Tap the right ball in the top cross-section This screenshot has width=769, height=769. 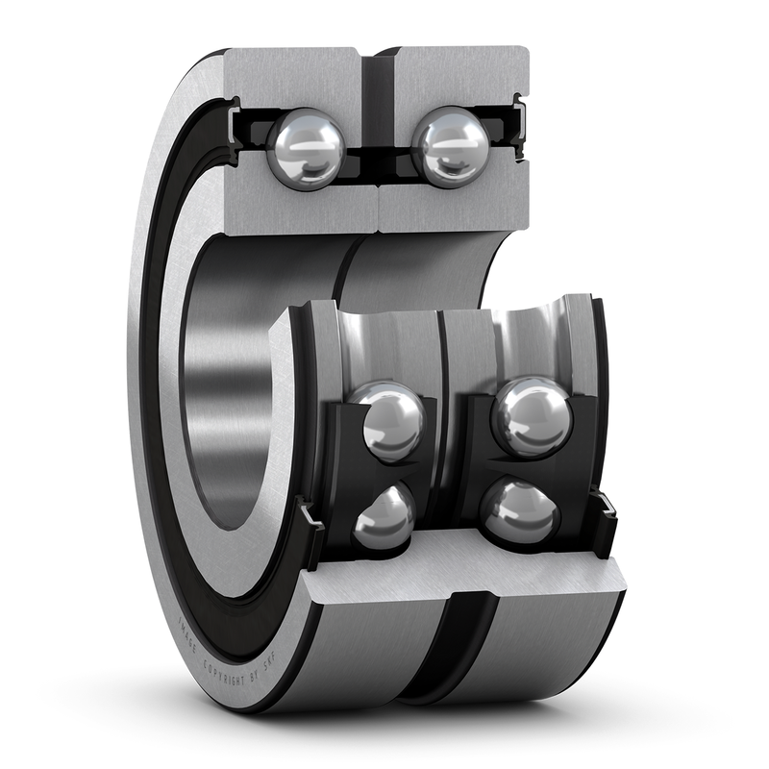pyautogui.click(x=450, y=145)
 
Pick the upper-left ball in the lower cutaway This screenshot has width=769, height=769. pyautogui.click(x=388, y=421)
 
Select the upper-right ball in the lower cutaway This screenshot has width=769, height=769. pyautogui.click(x=532, y=415)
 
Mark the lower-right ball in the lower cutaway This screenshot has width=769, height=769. pyautogui.click(x=520, y=511)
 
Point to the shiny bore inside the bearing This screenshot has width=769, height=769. pyautogui.click(x=216, y=404)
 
